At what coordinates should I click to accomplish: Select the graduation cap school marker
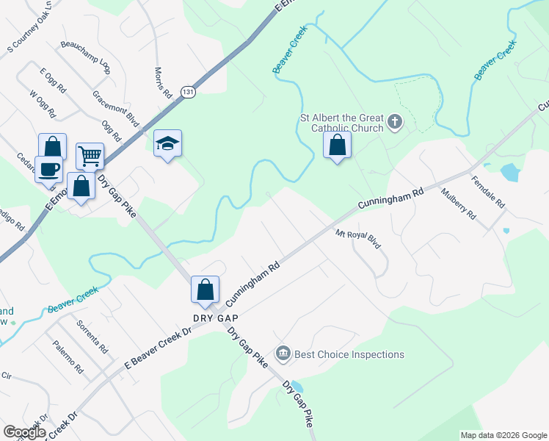pyautogui.click(x=167, y=144)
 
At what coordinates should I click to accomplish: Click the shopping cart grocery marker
pyautogui.click(x=90, y=155)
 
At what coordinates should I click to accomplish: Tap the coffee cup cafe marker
pyautogui.click(x=49, y=168)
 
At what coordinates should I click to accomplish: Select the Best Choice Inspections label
pyautogui.click(x=349, y=354)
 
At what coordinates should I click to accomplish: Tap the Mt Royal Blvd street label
pyautogui.click(x=357, y=240)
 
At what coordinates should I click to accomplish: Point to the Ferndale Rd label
pyautogui.click(x=488, y=191)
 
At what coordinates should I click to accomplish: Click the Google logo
pyautogui.click(x=24, y=432)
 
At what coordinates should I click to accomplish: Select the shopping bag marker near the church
pyautogui.click(x=337, y=146)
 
